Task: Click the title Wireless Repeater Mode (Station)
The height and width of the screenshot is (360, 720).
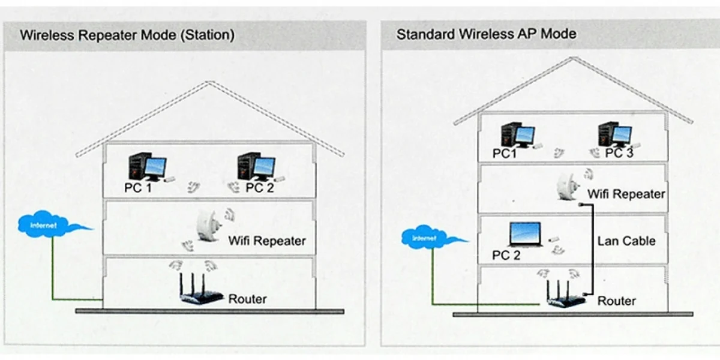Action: [127, 35]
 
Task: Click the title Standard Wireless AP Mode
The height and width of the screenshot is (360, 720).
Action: [486, 34]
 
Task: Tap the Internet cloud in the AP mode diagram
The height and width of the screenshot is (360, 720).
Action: [427, 239]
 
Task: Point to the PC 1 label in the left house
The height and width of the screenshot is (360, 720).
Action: [138, 188]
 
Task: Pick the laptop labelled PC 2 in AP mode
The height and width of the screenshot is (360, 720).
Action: [525, 235]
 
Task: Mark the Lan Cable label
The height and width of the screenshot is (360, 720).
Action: [626, 241]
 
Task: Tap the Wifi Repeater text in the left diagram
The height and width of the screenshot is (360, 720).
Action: [267, 241]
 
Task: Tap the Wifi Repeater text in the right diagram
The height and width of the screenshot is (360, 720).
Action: [626, 194]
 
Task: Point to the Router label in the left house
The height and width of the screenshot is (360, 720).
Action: [247, 299]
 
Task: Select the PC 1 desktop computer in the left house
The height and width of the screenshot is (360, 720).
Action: [147, 167]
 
